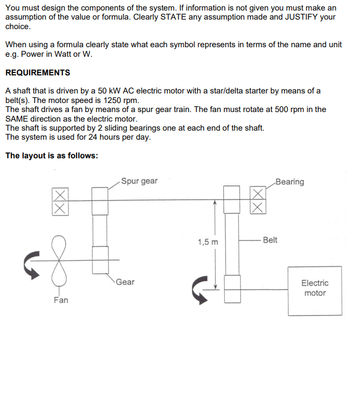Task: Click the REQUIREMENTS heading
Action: coord(38,73)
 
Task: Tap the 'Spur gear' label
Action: coord(139,181)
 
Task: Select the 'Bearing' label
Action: coord(290,182)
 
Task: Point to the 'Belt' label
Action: coord(269,240)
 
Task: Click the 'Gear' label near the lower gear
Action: coord(125,282)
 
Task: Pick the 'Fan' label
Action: coord(61,300)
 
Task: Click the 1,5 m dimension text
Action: coord(208,242)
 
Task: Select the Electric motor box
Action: coord(315,290)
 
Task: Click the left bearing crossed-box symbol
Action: coord(59,201)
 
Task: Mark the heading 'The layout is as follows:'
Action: coord(52,155)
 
